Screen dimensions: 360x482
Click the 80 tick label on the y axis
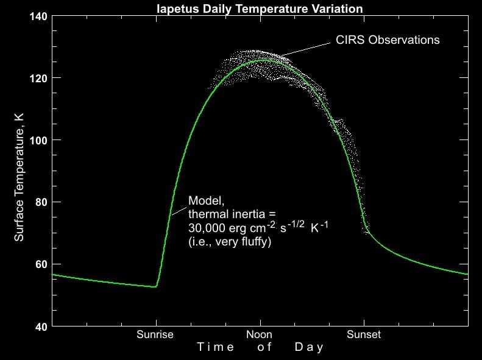pyautogui.click(x=40, y=202)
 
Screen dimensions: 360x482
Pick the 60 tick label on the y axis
pyautogui.click(x=40, y=264)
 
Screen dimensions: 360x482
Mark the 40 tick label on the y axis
pyautogui.click(x=40, y=326)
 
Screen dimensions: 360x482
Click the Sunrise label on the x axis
pyautogui.click(x=155, y=334)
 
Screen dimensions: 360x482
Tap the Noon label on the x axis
pyautogui.click(x=260, y=334)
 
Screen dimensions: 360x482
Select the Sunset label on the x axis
pyautogui.click(x=364, y=334)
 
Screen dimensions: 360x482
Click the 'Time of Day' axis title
pyautogui.click(x=260, y=347)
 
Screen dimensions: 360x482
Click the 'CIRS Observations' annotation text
pyautogui.click(x=388, y=40)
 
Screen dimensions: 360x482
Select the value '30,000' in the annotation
pyautogui.click(x=205, y=227)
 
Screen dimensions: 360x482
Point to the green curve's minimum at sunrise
pyautogui.click(x=156, y=286)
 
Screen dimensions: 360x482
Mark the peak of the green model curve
pyautogui.click(x=264, y=60)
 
